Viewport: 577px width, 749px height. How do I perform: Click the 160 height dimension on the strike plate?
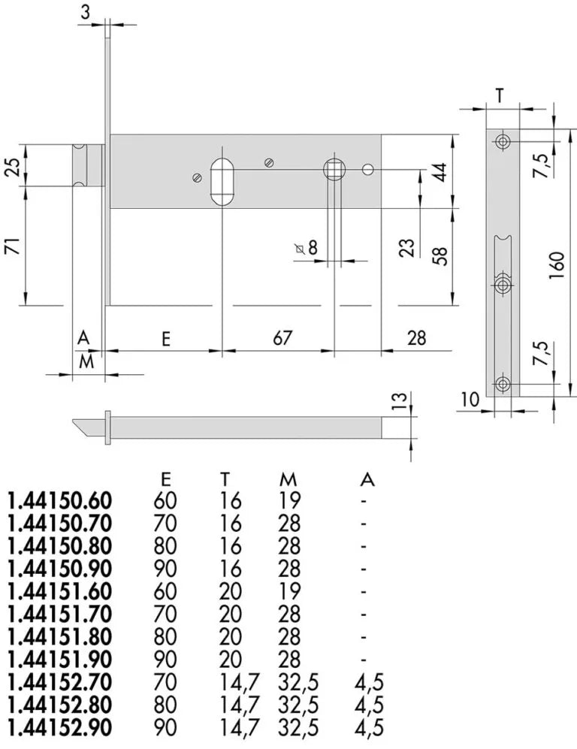(x=557, y=265)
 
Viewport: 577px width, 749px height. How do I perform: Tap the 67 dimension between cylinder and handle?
(x=282, y=338)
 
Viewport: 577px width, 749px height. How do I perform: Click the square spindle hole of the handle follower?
(x=334, y=169)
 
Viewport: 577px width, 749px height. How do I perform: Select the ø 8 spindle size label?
(x=307, y=248)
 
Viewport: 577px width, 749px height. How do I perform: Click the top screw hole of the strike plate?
(x=503, y=142)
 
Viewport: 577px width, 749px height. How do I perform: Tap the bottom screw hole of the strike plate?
(x=503, y=385)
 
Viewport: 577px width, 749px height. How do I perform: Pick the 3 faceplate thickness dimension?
(x=85, y=13)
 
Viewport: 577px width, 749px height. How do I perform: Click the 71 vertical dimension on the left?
(x=14, y=246)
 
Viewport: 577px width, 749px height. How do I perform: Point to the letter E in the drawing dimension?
(x=166, y=339)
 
